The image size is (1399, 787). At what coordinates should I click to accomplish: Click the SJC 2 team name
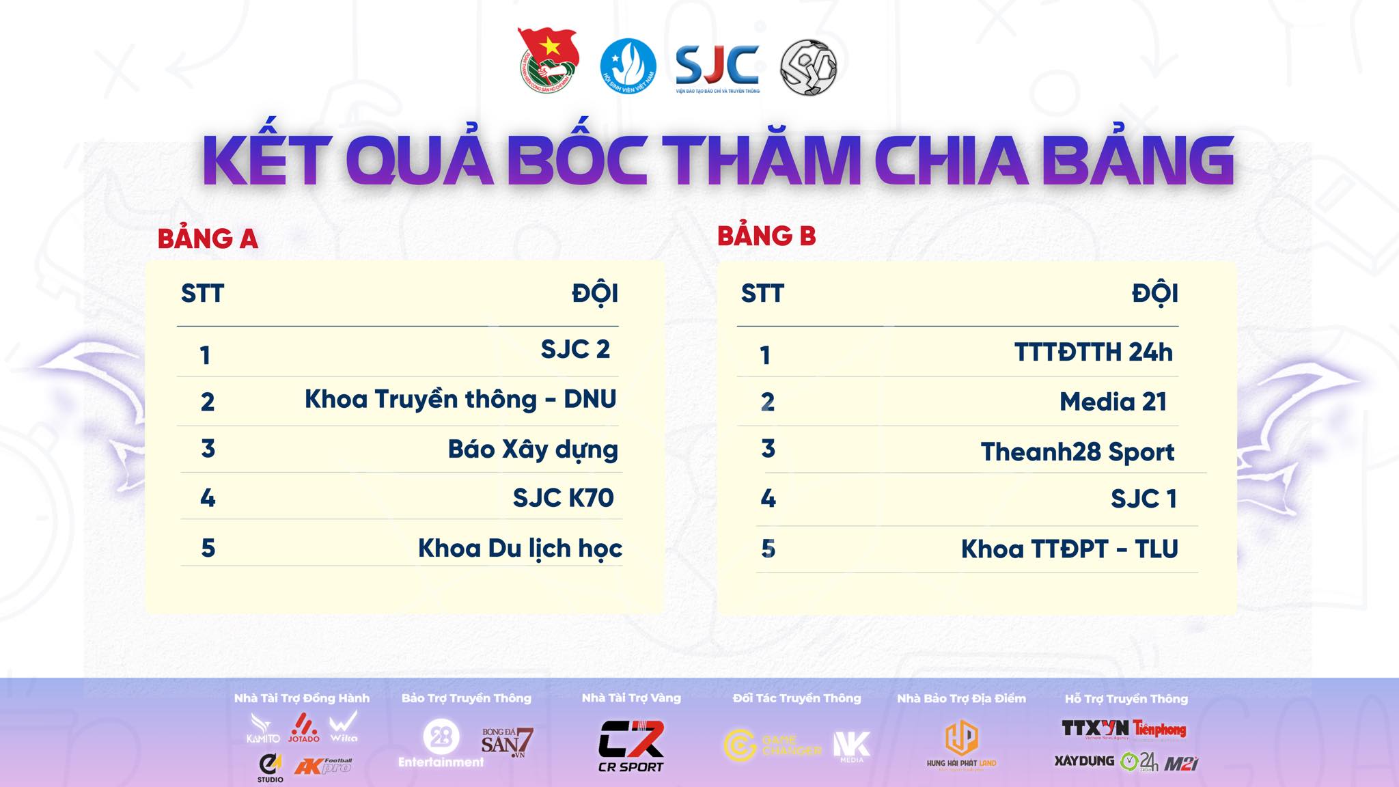coord(574,350)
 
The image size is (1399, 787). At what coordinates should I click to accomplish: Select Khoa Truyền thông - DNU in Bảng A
coord(460,400)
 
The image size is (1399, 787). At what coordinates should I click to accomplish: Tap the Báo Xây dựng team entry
coord(533,450)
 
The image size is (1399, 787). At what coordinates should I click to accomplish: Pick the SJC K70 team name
coord(563,498)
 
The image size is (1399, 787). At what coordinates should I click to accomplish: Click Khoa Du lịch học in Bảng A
coord(520,549)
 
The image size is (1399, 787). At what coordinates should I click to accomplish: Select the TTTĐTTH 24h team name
coord(1093,353)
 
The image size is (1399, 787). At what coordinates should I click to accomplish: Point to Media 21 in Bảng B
coord(1113,402)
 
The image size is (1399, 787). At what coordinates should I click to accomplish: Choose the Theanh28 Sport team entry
coord(1077,452)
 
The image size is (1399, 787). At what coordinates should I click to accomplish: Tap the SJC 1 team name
coord(1144,499)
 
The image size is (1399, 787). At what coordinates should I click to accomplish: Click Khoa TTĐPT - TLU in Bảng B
coord(1069,549)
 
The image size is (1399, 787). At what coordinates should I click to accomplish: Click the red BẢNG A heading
coord(208,239)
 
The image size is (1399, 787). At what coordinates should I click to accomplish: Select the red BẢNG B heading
coord(766,236)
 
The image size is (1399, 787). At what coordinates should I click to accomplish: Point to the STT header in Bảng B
coord(762,294)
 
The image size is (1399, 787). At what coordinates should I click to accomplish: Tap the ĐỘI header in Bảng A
coord(595,294)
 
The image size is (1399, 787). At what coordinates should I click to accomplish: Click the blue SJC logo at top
coord(717,67)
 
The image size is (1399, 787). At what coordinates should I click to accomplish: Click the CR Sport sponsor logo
coord(631,746)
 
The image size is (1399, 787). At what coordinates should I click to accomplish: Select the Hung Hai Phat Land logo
coord(961,745)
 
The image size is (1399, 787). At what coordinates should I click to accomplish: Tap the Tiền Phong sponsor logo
coord(1160,730)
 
